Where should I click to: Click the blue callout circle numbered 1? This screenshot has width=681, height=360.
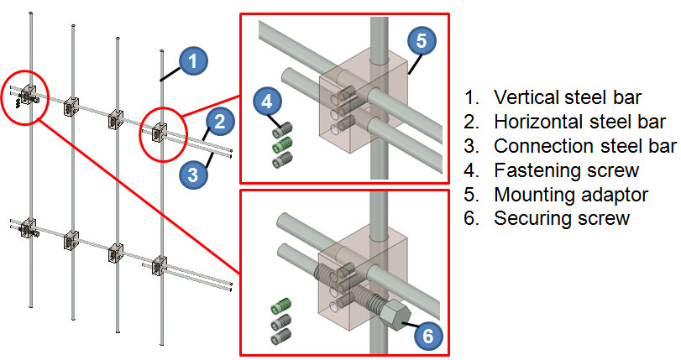(x=192, y=60)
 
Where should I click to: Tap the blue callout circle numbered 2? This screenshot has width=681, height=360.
(x=219, y=122)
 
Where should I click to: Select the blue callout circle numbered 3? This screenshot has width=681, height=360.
(x=193, y=175)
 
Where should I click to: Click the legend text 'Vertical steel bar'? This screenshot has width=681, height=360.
(x=555, y=97)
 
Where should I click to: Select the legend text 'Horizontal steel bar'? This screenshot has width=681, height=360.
(x=566, y=121)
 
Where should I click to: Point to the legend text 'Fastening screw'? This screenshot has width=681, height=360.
(x=555, y=170)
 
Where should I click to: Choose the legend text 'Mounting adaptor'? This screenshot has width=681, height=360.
(x=561, y=196)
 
